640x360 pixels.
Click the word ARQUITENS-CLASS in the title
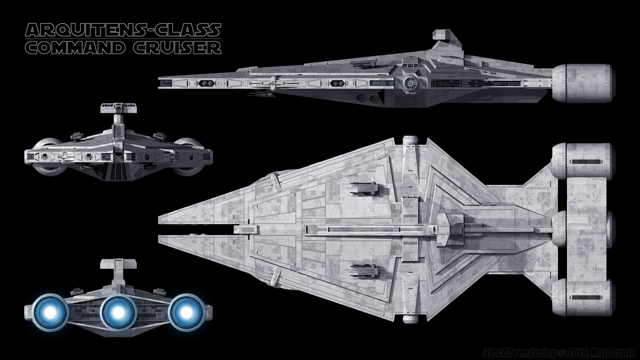(123, 30)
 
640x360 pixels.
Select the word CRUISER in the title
(177, 48)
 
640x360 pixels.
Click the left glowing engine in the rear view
(50, 312)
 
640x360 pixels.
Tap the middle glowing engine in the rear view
(118, 312)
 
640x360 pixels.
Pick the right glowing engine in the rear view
(186, 312)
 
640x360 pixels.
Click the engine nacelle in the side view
(582, 83)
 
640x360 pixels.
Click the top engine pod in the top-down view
(582, 161)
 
